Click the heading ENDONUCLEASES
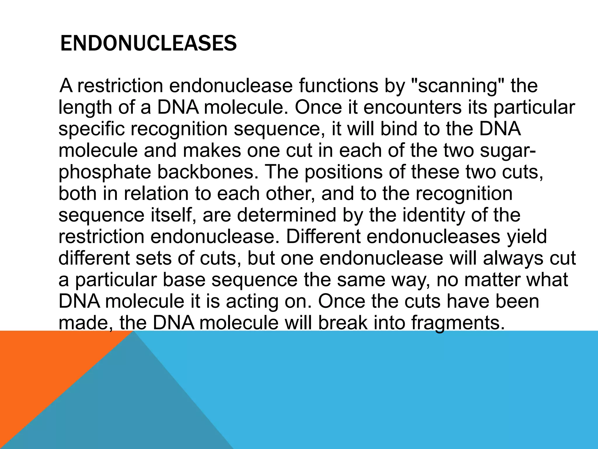click(148, 44)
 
